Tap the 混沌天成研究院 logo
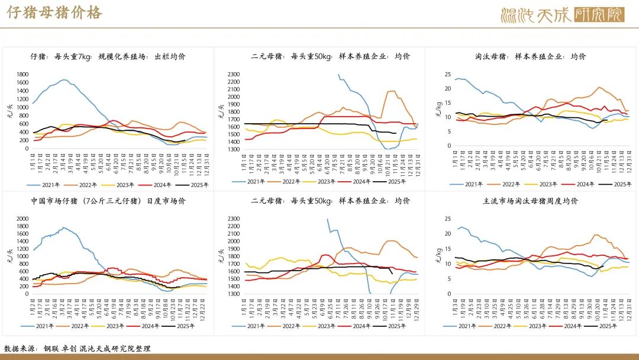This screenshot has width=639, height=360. pyautogui.click(x=562, y=14)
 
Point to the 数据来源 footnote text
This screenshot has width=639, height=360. pyautogui.click(x=78, y=348)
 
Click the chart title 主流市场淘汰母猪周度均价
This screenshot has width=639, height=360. pyautogui.click(x=530, y=201)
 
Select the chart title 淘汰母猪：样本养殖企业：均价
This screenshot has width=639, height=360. pyautogui.click(x=530, y=56)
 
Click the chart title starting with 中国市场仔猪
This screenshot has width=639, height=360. pyautogui.click(x=108, y=201)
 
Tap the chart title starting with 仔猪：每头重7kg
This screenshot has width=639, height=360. pyautogui.click(x=108, y=56)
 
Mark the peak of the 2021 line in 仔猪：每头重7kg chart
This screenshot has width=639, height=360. pyautogui.click(x=63, y=79)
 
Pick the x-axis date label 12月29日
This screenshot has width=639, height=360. pyautogui.click(x=417, y=306)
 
